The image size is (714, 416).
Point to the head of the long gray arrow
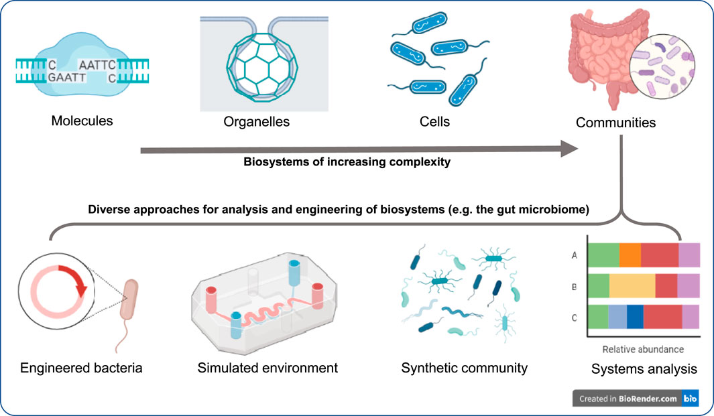pos(570,149)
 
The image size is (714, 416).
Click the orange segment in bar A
pos(630,256)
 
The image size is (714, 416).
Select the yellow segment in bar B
pos(632,286)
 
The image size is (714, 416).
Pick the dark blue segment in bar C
pos(635,316)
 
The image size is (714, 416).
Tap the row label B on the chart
pos(575,287)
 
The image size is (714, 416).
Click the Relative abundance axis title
pos(642,349)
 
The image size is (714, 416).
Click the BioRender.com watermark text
pos(646,399)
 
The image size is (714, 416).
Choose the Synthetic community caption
pos(464,368)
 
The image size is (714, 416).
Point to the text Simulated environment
pos(267,368)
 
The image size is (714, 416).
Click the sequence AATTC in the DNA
pos(97,65)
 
